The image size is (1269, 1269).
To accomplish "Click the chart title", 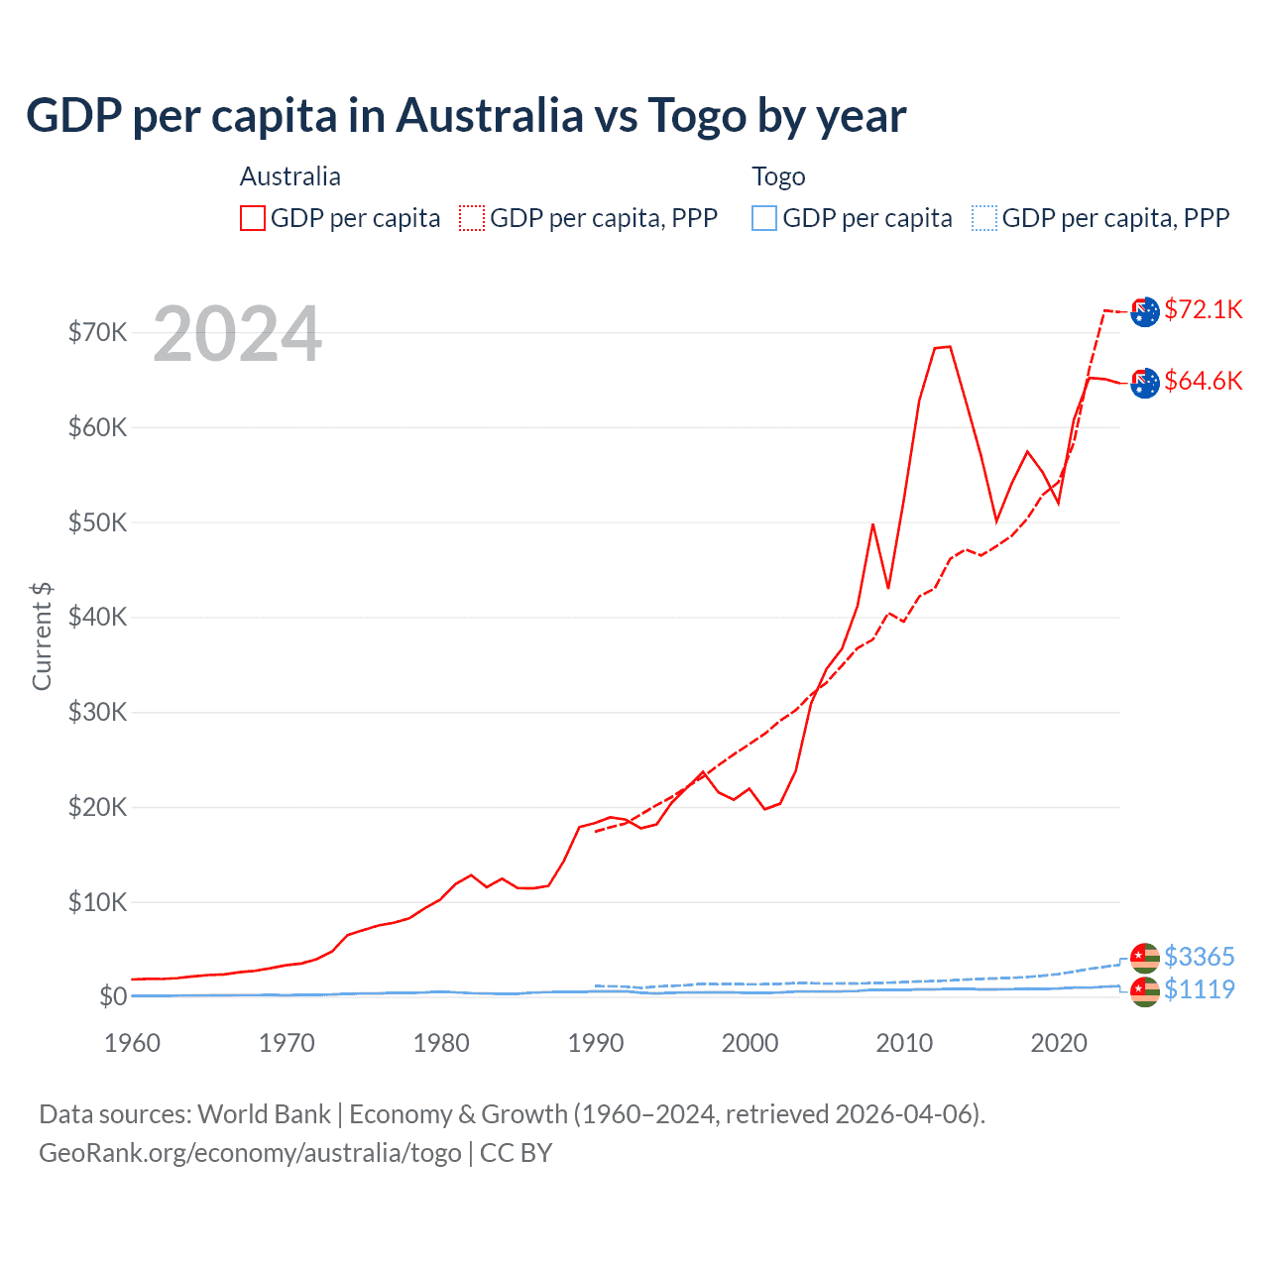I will pos(466,116).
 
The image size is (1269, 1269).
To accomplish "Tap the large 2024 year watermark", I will pos(238,334).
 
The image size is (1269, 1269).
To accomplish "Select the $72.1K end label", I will pos(1204,309).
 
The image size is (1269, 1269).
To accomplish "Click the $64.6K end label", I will pos(1204,381).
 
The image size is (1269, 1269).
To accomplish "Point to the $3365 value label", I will pos(1200,957).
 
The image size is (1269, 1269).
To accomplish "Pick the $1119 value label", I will pos(1200,989).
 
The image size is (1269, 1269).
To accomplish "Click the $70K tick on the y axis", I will pos(98,332).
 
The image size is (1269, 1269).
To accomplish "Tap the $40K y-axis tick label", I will pos(98,618).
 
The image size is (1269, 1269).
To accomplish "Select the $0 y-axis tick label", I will pos(113,996).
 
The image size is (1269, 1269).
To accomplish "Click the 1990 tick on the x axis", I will pos(596,1043).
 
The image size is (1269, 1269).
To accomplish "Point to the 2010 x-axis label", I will pos(904,1043).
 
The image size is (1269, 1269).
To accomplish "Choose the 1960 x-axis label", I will pos(133,1043).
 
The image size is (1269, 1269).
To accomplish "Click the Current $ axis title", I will pos(42,636).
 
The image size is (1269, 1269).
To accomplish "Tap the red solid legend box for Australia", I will pos(253,218).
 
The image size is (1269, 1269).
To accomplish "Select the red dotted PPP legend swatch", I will pos(472,218).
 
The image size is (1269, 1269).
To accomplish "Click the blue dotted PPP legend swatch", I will pos(984,218).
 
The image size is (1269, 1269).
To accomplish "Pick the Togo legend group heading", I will pos(778,176).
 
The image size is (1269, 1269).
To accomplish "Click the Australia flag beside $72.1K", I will pos(1145,311).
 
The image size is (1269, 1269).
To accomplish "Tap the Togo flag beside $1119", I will pos(1145,990).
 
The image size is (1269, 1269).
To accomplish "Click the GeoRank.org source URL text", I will pos(250,1153).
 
